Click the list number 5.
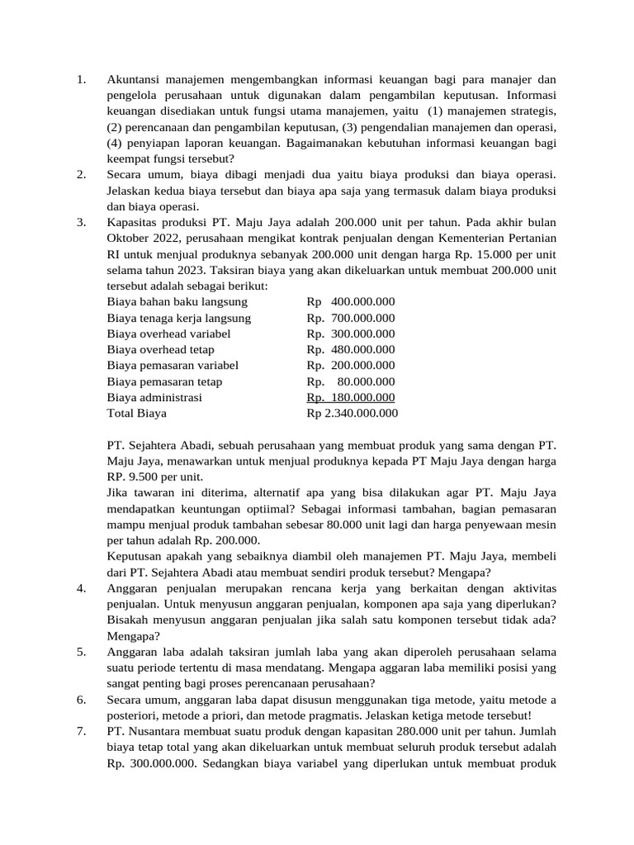81,652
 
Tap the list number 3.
81,223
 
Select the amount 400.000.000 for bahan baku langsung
362,302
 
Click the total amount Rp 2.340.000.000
352,413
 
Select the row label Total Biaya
136,413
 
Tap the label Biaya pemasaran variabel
173,366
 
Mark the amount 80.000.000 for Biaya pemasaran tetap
367,381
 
